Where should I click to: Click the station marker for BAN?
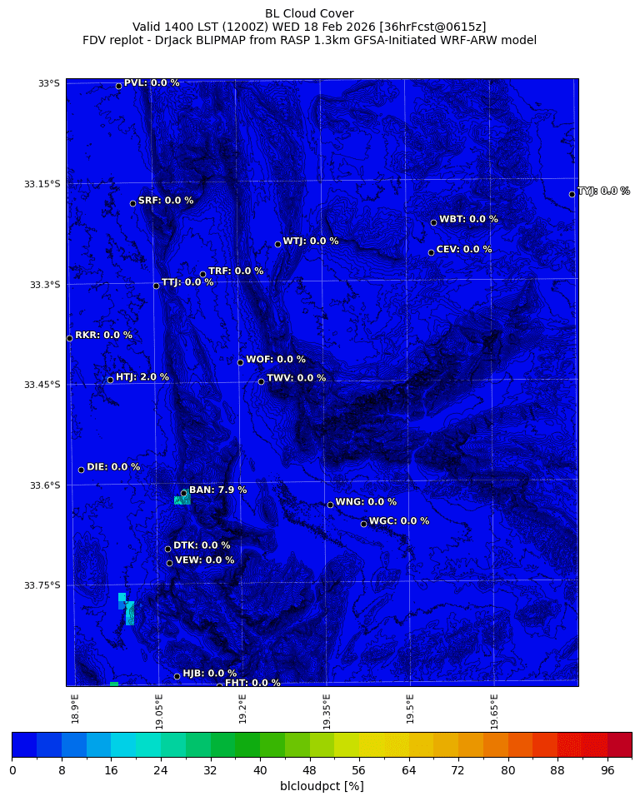click(183, 493)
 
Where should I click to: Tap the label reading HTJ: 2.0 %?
click(142, 377)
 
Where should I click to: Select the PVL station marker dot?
click(118, 86)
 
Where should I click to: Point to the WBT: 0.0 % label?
click(468, 219)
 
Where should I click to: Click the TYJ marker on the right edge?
click(572, 194)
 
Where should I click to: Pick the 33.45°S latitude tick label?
click(42, 385)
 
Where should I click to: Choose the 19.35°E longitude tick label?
click(327, 711)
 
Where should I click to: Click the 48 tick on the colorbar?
click(309, 771)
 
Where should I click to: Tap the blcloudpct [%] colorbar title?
click(322, 786)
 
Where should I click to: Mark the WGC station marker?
click(363, 524)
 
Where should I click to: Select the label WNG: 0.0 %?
click(366, 502)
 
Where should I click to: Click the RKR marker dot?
click(69, 338)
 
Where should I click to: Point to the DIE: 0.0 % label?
click(113, 467)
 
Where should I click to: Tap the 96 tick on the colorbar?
click(607, 771)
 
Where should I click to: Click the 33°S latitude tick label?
click(48, 83)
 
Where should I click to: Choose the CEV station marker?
click(431, 252)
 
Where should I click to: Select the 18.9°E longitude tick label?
click(76, 709)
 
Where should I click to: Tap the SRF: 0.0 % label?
click(166, 201)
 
